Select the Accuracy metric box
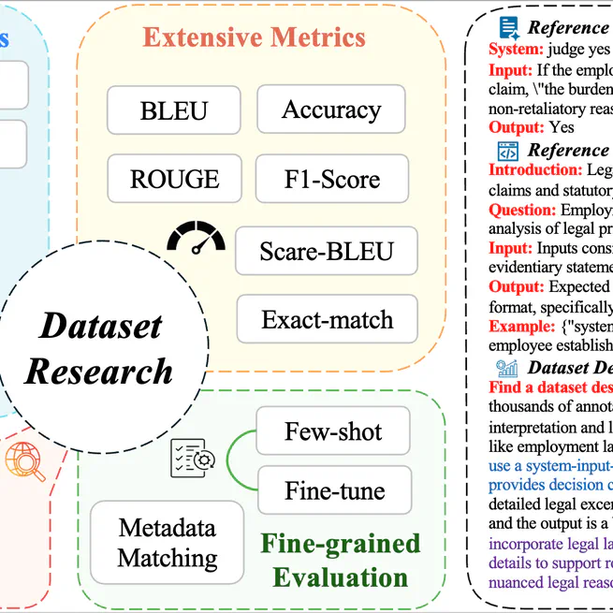[x=331, y=109]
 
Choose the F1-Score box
[x=331, y=178]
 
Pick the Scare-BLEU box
[x=327, y=251]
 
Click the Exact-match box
[x=327, y=320]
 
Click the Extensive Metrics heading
[x=254, y=37]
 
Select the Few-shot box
[x=333, y=432]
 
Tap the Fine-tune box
[x=333, y=491]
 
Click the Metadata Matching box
[x=168, y=543]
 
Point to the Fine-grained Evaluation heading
[x=340, y=560]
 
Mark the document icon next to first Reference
[x=508, y=27]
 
